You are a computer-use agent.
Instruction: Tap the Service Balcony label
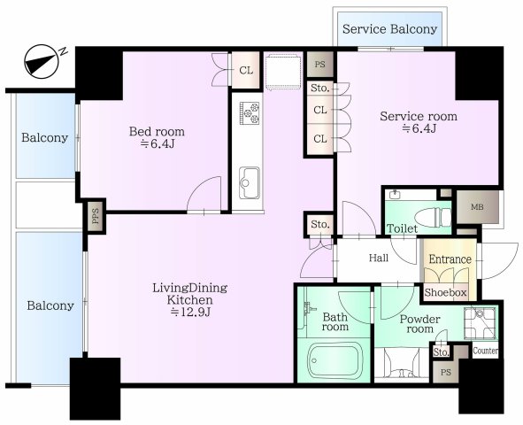[x=389, y=29]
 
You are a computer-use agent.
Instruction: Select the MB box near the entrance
[x=477, y=208]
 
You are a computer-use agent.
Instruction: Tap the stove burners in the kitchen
[x=248, y=113]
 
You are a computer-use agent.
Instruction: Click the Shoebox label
[x=445, y=290]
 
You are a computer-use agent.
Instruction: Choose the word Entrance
[x=450, y=259]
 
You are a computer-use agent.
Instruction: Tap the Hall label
[x=379, y=259]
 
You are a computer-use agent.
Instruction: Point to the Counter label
[x=485, y=352]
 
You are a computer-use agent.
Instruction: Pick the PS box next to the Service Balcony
[x=319, y=66]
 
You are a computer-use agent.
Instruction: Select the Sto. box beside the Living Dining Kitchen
[x=319, y=225]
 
